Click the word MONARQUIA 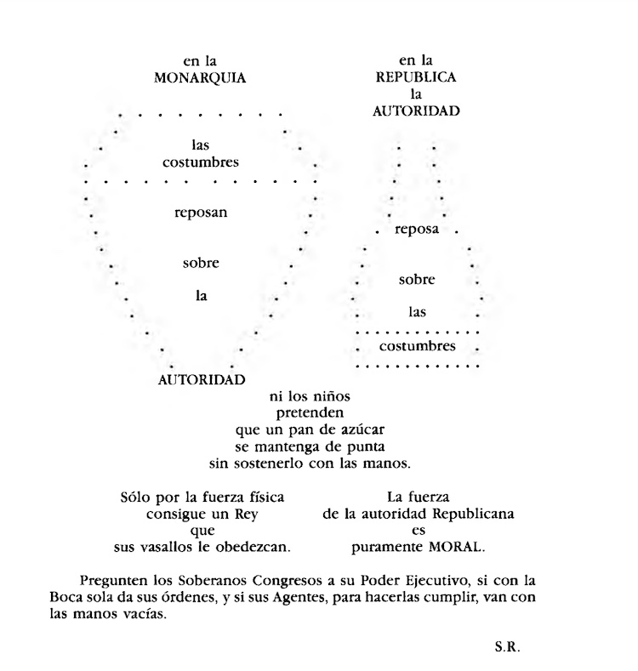(200, 77)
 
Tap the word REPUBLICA (417, 77)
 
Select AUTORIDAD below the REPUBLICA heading (417, 111)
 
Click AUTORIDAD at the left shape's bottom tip (202, 379)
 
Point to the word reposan (201, 213)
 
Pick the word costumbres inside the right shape (417, 346)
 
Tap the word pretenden (310, 412)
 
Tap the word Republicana (474, 514)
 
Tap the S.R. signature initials (507, 646)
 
